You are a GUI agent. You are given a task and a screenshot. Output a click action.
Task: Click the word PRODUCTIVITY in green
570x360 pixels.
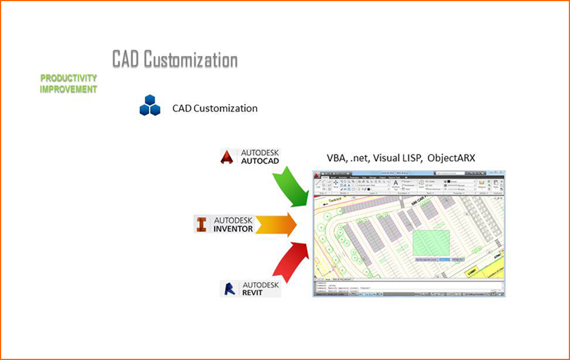pyautogui.click(x=69, y=78)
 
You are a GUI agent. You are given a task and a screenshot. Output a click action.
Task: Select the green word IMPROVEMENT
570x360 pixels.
pyautogui.click(x=69, y=90)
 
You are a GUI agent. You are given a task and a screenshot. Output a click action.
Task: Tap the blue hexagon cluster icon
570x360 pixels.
pyautogui.click(x=149, y=105)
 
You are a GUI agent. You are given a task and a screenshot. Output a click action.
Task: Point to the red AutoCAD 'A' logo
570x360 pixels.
pyautogui.click(x=227, y=157)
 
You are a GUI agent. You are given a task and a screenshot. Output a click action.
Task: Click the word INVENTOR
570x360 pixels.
pyautogui.click(x=233, y=229)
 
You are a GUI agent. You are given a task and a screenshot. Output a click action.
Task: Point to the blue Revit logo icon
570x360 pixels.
pyautogui.click(x=228, y=289)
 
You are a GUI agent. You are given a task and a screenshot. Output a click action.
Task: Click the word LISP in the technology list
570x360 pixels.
pyautogui.click(x=411, y=158)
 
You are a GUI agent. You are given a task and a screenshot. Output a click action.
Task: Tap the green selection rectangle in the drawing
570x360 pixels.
pyautogui.click(x=431, y=242)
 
